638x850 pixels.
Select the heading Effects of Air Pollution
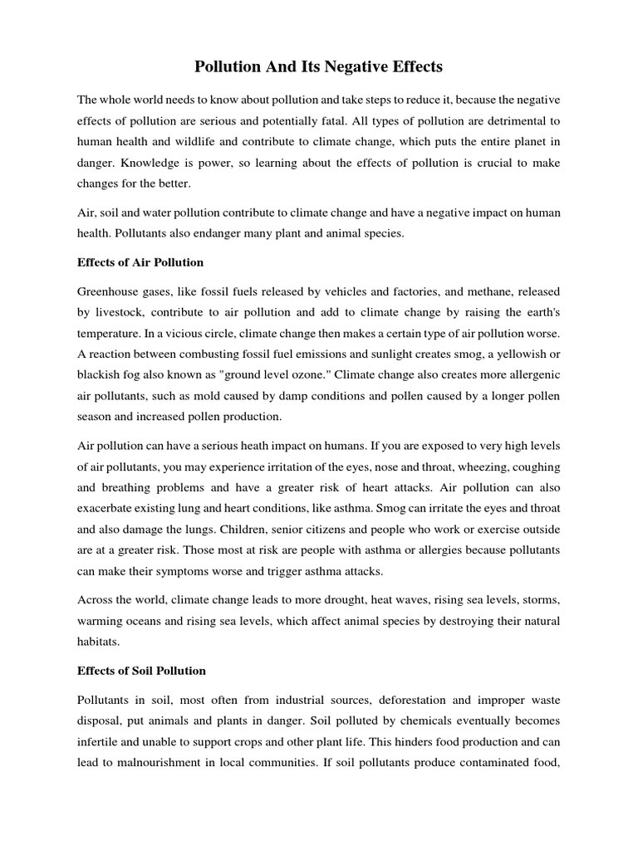[140, 262]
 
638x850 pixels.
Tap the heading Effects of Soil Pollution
[141, 670]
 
